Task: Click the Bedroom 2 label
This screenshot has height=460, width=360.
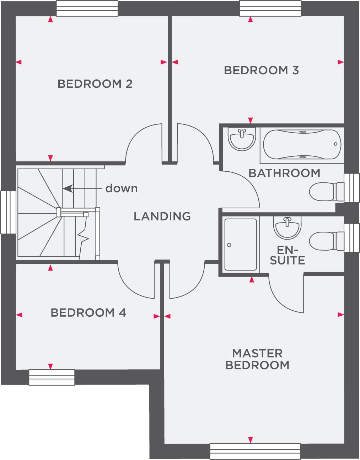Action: (x=95, y=84)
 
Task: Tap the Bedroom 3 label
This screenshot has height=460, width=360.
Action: (x=261, y=70)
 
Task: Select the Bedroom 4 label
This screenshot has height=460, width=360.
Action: (x=88, y=313)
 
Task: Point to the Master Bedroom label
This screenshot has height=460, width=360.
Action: (x=257, y=359)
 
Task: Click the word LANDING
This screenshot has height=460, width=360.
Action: (x=162, y=216)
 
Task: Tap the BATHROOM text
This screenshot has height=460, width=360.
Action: (x=284, y=173)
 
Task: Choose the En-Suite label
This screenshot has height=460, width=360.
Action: (x=288, y=256)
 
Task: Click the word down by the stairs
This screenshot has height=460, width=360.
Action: (x=122, y=188)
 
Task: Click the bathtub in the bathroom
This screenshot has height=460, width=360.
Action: (x=302, y=144)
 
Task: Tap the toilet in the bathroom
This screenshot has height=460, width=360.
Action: (x=327, y=192)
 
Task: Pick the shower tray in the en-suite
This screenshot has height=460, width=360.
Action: (x=241, y=245)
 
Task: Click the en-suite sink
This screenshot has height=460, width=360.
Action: (x=287, y=228)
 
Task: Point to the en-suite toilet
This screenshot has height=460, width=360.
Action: (x=327, y=241)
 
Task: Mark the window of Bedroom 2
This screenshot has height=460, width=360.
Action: (x=87, y=8)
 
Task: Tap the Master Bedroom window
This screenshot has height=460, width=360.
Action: (x=255, y=451)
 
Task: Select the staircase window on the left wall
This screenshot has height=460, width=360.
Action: (x=8, y=212)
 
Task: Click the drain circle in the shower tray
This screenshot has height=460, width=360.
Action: (x=229, y=245)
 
